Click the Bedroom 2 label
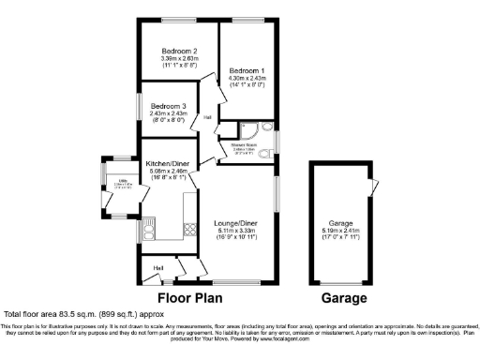[x=179, y=50]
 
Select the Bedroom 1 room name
[x=249, y=70]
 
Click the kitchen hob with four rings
[x=188, y=228]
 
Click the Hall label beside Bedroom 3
[x=206, y=117]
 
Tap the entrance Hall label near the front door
[x=159, y=268]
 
